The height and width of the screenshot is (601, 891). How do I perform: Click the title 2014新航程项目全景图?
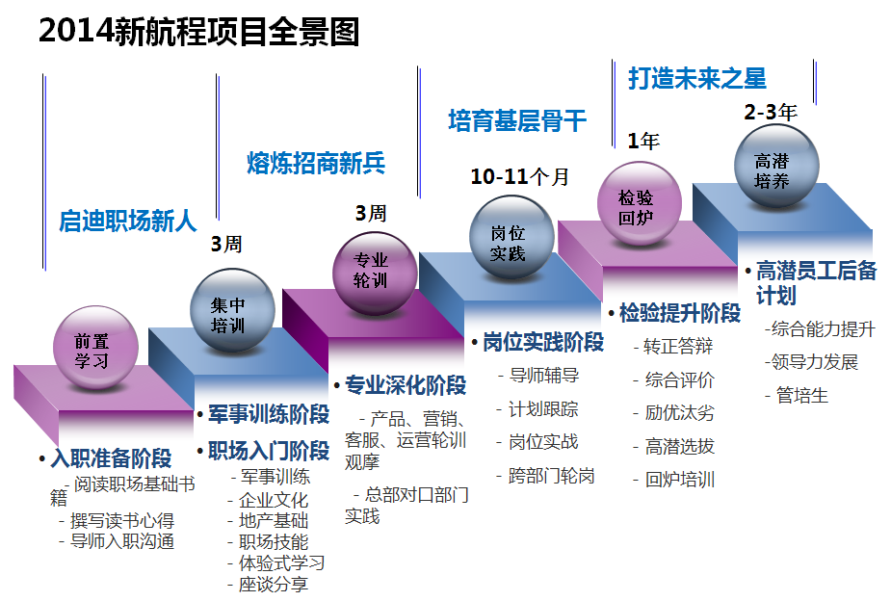tap(198, 32)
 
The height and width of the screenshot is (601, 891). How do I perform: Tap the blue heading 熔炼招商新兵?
tap(316, 163)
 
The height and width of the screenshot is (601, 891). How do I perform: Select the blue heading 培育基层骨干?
tap(516, 120)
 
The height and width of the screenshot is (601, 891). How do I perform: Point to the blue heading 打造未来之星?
tap(697, 78)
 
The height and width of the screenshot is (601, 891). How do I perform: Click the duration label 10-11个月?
tap(519, 176)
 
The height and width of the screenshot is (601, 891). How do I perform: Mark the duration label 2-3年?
tap(770, 112)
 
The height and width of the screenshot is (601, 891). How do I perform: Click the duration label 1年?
tap(643, 142)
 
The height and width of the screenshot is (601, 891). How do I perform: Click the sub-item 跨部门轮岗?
tap(551, 475)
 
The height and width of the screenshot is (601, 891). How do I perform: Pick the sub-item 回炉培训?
tap(680, 480)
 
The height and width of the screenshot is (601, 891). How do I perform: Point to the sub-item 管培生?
tap(801, 396)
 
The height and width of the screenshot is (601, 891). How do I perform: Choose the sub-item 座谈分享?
tap(274, 584)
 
